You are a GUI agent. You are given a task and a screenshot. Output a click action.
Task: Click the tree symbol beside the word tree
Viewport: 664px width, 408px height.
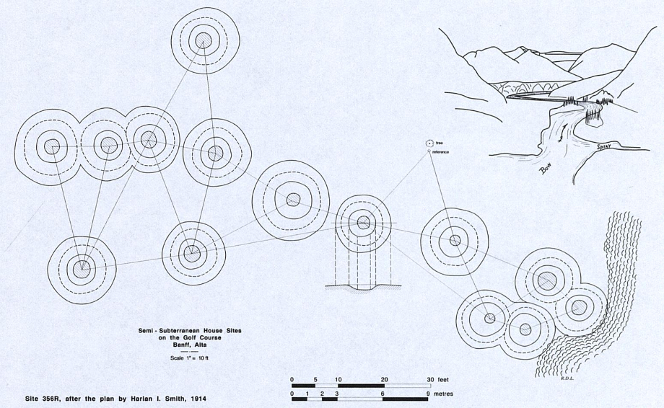click(x=429, y=143)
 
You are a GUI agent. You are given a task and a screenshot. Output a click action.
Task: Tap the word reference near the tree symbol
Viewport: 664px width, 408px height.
click(x=441, y=152)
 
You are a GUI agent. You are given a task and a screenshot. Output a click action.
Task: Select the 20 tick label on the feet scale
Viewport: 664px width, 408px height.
click(x=384, y=380)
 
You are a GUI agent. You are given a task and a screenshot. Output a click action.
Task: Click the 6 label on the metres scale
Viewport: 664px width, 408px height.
click(x=383, y=394)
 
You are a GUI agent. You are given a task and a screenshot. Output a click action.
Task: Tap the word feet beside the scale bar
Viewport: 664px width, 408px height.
click(x=443, y=380)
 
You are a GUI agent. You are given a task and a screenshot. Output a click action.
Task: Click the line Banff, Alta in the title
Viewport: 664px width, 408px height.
click(x=190, y=344)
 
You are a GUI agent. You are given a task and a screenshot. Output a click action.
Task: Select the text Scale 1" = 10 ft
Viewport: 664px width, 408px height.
click(x=190, y=358)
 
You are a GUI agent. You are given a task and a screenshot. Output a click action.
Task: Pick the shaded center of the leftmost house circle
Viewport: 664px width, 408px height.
click(x=52, y=147)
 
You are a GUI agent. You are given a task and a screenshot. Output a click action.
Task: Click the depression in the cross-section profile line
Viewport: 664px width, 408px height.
click(x=363, y=289)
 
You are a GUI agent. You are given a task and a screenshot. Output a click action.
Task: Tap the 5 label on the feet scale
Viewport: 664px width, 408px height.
click(x=315, y=380)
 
